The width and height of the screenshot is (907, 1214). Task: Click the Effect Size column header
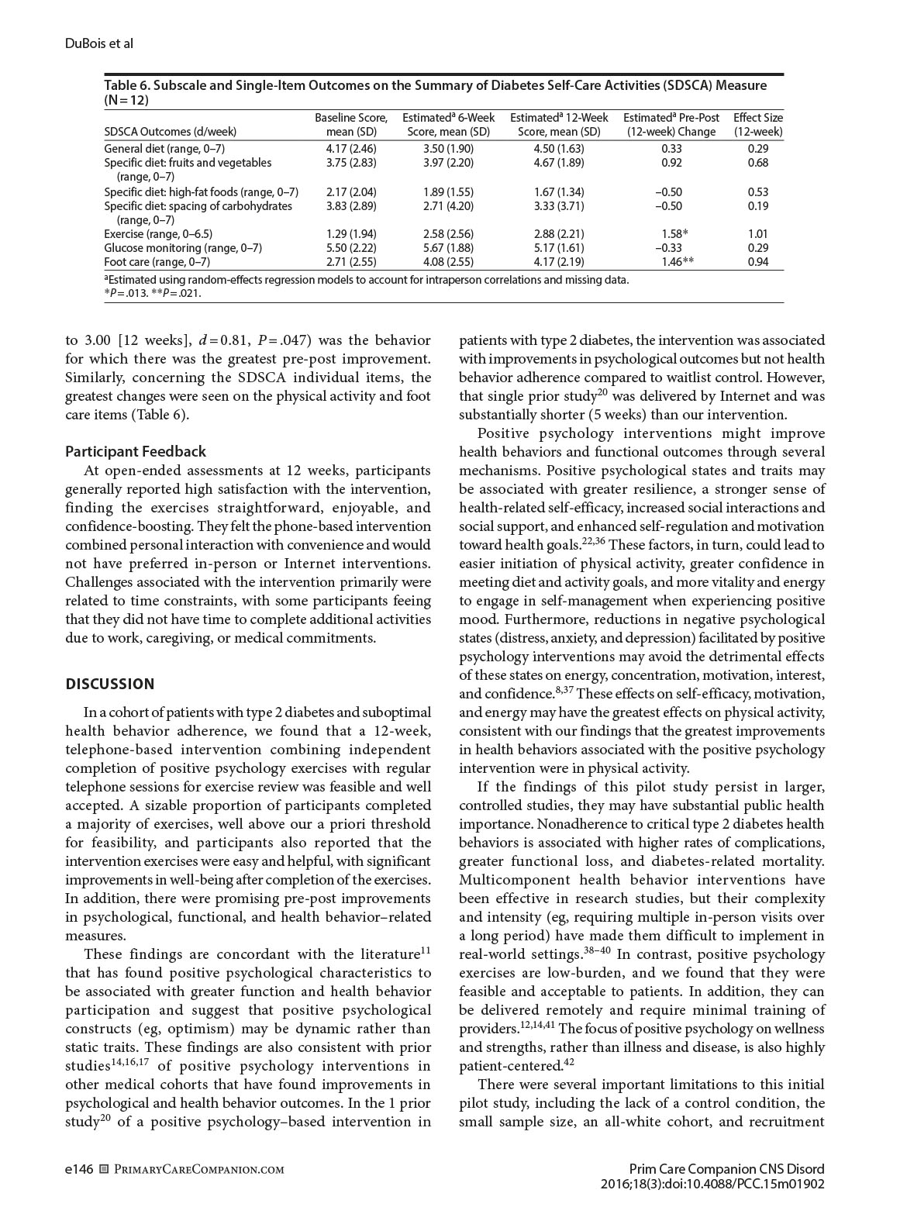pos(757,125)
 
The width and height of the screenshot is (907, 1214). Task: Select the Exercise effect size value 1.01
pos(757,233)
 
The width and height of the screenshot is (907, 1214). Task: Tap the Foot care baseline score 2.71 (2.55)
pos(350,262)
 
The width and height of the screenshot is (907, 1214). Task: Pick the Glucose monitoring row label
pos(183,248)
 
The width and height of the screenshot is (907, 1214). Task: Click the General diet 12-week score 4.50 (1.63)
pos(558,148)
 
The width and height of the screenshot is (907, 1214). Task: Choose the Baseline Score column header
pos(350,125)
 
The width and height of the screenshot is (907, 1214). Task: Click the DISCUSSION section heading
pos(109,684)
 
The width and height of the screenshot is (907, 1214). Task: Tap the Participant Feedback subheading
pos(136,451)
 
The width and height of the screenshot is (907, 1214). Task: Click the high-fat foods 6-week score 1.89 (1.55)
pos(448,191)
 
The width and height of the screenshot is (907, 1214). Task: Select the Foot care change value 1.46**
pos(676,262)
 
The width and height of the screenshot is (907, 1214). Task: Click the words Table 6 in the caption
pos(127,85)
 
